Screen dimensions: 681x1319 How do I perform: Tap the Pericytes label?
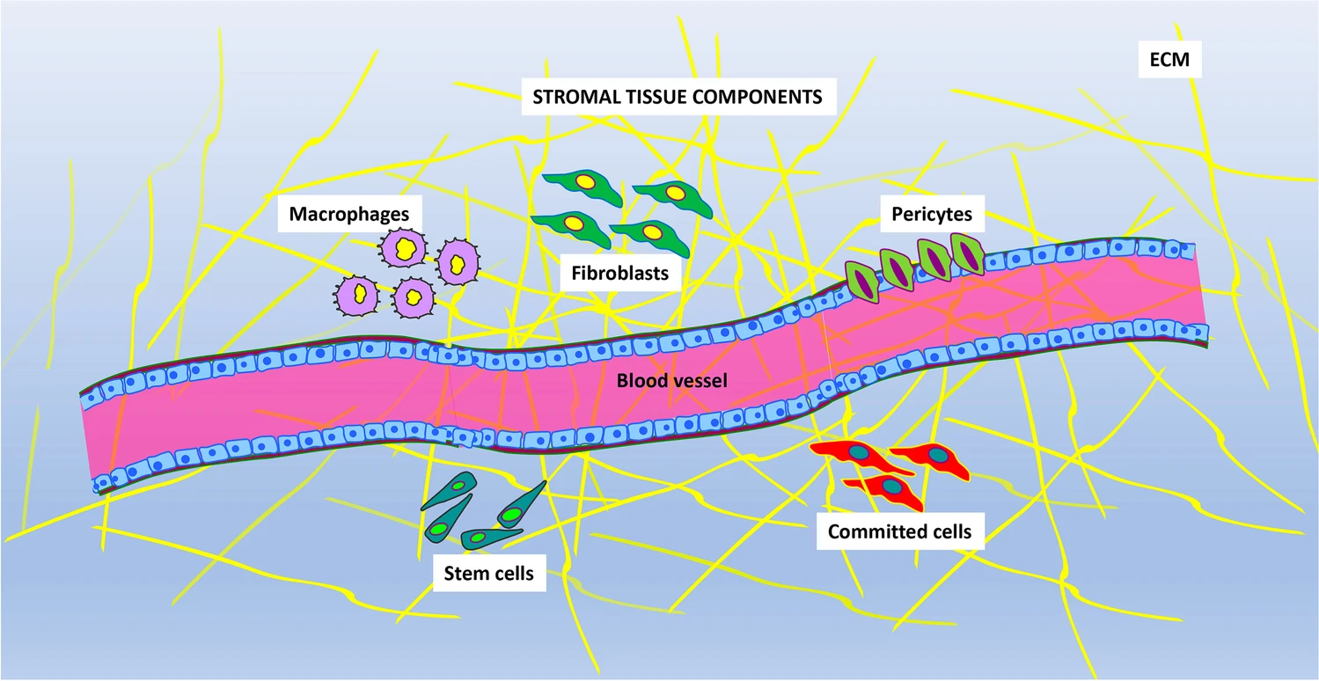pyautogui.click(x=931, y=213)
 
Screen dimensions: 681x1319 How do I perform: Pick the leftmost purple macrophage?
pyautogui.click(x=358, y=292)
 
